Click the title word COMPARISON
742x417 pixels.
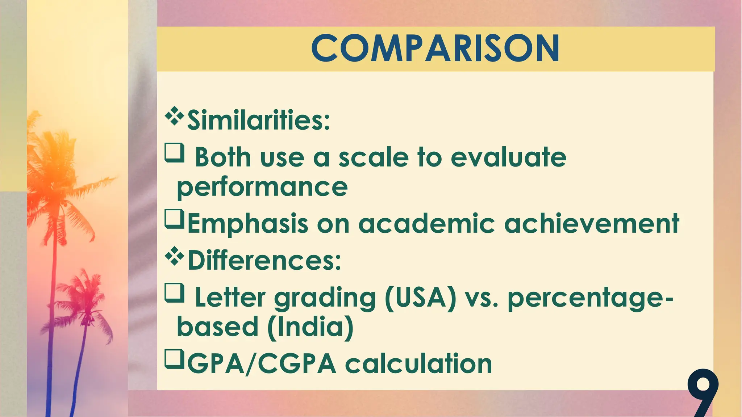(435, 49)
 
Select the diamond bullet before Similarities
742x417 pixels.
(174, 116)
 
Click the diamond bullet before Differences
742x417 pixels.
(174, 256)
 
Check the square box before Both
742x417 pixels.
(174, 152)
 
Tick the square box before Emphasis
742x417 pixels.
(174, 219)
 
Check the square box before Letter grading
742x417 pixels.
(174, 292)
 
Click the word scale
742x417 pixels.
(374, 158)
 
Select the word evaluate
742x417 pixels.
(508, 158)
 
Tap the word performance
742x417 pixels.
(262, 188)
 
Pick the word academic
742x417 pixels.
(426, 224)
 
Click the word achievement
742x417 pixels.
(591, 224)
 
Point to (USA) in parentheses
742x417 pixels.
(420, 298)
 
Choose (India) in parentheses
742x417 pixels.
(310, 327)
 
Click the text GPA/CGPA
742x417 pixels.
(262, 364)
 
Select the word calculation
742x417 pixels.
(418, 364)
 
